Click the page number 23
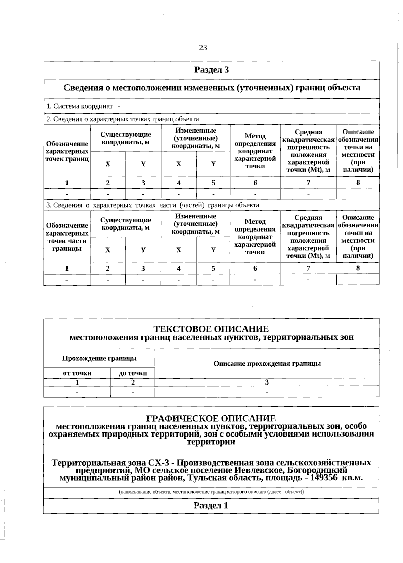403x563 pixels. point(203,48)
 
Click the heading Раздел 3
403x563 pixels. point(212,70)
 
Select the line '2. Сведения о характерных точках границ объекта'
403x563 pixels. point(123,119)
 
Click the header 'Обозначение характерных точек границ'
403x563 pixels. point(67,151)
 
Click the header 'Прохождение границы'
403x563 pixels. point(99,358)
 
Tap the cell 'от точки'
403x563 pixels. point(77,373)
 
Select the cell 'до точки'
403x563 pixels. point(133,373)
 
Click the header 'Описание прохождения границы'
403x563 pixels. point(267,363)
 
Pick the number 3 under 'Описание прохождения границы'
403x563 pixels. point(267,382)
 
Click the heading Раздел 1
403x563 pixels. point(211,506)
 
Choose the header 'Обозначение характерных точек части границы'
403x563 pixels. point(67,237)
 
